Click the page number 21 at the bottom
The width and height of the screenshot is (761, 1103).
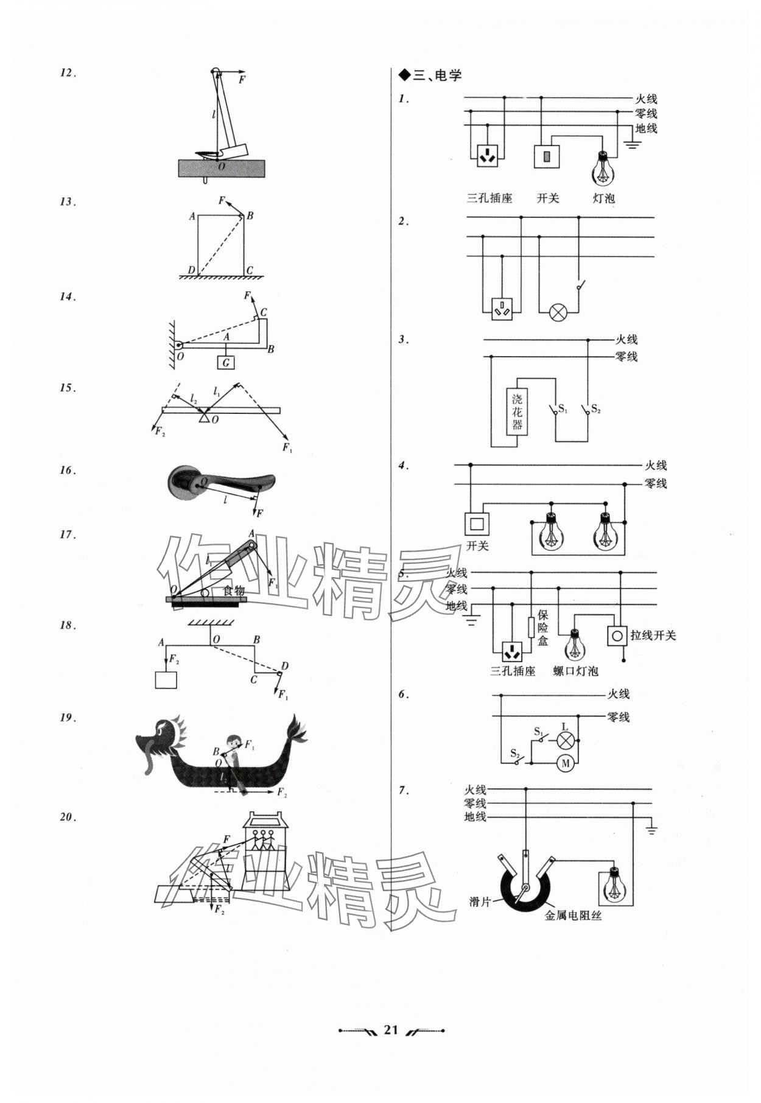(390, 1030)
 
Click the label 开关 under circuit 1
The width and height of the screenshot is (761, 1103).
(548, 198)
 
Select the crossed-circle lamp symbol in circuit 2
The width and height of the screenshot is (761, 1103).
(558, 313)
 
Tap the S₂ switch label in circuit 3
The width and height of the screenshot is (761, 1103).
(595, 410)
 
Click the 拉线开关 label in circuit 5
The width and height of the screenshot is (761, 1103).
(653, 636)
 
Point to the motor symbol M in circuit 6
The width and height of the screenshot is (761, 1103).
(566, 763)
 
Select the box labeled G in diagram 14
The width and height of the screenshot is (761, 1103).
(226, 363)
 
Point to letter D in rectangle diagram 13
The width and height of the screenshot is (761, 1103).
(191, 270)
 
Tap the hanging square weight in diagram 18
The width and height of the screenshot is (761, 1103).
(166, 679)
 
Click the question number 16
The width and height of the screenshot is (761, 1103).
(67, 471)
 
